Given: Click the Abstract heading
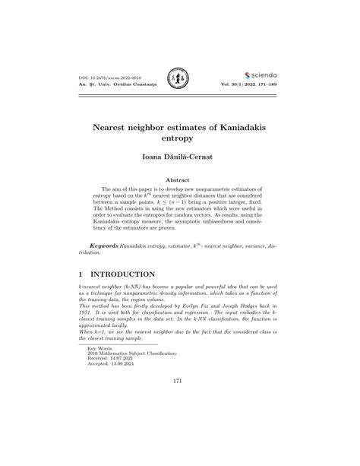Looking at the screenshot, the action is click(180, 180).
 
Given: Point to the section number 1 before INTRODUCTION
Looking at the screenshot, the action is click(81, 274).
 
